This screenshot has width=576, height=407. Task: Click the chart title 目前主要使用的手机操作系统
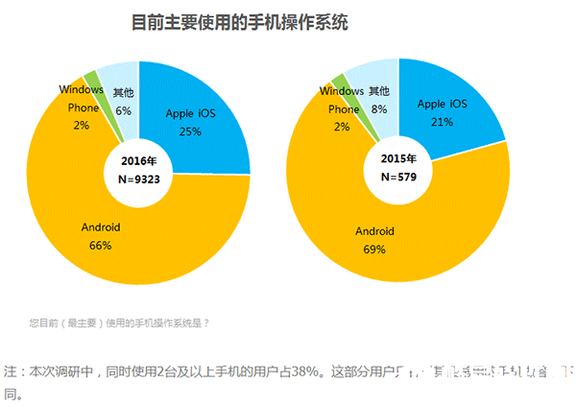[x=239, y=21]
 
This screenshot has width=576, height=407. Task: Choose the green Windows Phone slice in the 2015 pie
[x=339, y=81]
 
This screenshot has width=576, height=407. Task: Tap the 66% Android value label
[x=100, y=245]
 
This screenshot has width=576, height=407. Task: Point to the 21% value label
[x=443, y=121]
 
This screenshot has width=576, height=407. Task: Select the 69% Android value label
[x=375, y=250]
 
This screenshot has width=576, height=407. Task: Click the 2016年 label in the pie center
[x=140, y=162]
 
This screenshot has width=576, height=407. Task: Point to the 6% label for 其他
[x=123, y=111]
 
